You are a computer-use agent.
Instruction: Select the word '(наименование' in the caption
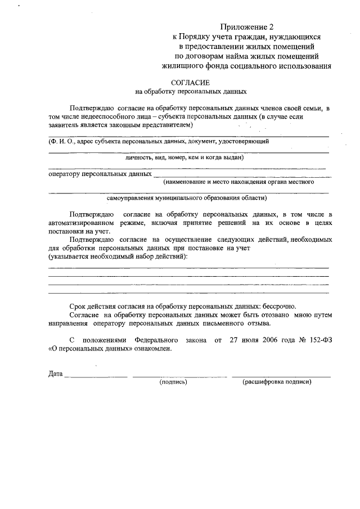184,182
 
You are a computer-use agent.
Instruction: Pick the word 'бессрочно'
273,305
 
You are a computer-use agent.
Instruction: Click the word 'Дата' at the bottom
55,374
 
